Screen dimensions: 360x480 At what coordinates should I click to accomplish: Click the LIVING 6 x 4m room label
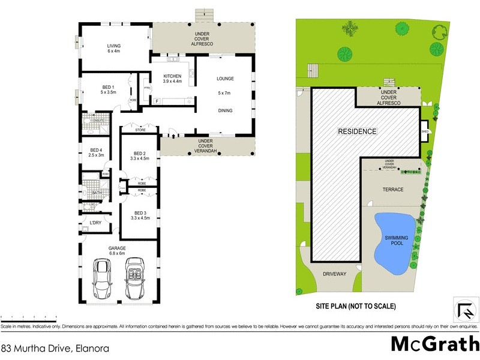click(114, 48)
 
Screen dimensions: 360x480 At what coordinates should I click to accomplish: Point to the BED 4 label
click(97, 152)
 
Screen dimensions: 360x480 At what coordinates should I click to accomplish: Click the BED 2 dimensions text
click(144, 160)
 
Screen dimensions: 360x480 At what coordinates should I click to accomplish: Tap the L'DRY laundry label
click(95, 224)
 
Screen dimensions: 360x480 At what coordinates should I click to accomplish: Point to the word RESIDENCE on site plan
click(356, 131)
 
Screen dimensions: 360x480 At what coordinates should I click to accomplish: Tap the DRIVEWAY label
click(335, 274)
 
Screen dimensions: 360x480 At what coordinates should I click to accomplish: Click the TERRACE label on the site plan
click(393, 190)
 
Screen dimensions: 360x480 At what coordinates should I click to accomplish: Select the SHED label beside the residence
click(424, 131)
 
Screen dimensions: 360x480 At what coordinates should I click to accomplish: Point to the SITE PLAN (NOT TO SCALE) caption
click(356, 306)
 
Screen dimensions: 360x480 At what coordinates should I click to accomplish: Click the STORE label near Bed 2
click(140, 130)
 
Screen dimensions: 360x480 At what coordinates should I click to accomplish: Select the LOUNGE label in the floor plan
click(224, 79)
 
